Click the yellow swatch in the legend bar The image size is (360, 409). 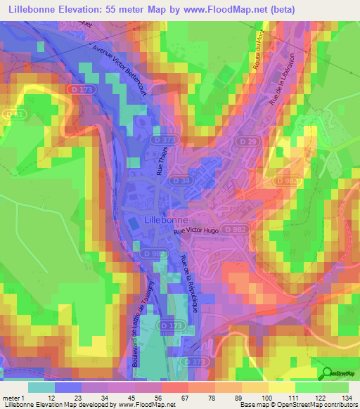(x=281, y=387)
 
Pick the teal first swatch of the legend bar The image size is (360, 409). (x=41, y=387)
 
